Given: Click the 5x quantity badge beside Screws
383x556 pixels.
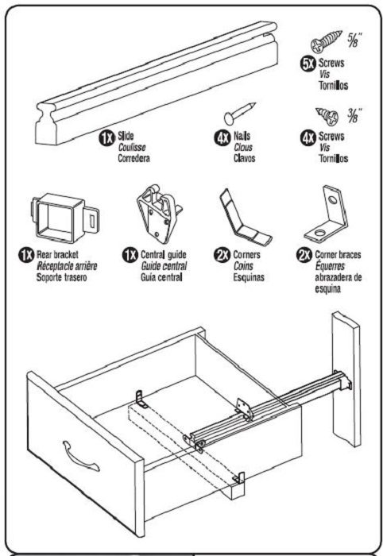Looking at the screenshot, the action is (x=308, y=64).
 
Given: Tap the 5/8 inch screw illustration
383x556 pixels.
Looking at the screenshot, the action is (x=327, y=42).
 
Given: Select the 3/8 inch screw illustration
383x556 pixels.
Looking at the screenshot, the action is (x=327, y=116).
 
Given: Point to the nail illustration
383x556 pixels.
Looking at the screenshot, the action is (x=240, y=113).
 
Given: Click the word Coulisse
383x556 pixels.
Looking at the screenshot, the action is (x=132, y=147).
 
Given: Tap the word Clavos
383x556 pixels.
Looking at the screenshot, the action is (x=244, y=158).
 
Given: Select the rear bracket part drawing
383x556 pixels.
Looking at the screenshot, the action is (x=65, y=218).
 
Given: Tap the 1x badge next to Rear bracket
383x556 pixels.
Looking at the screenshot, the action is (x=26, y=255).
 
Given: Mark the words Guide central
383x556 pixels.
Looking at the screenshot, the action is (x=164, y=266).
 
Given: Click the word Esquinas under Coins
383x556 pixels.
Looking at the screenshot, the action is (x=249, y=277).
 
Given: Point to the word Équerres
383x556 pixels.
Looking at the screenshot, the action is (x=330, y=266).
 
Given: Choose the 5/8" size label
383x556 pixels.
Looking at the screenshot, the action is (x=355, y=40).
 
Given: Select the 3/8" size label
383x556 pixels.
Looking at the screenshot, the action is (x=354, y=115).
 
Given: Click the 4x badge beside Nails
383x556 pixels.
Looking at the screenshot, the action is (x=222, y=137).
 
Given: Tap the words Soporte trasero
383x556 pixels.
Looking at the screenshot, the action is (x=62, y=277).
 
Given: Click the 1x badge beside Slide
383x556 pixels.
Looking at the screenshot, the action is (x=106, y=137).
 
